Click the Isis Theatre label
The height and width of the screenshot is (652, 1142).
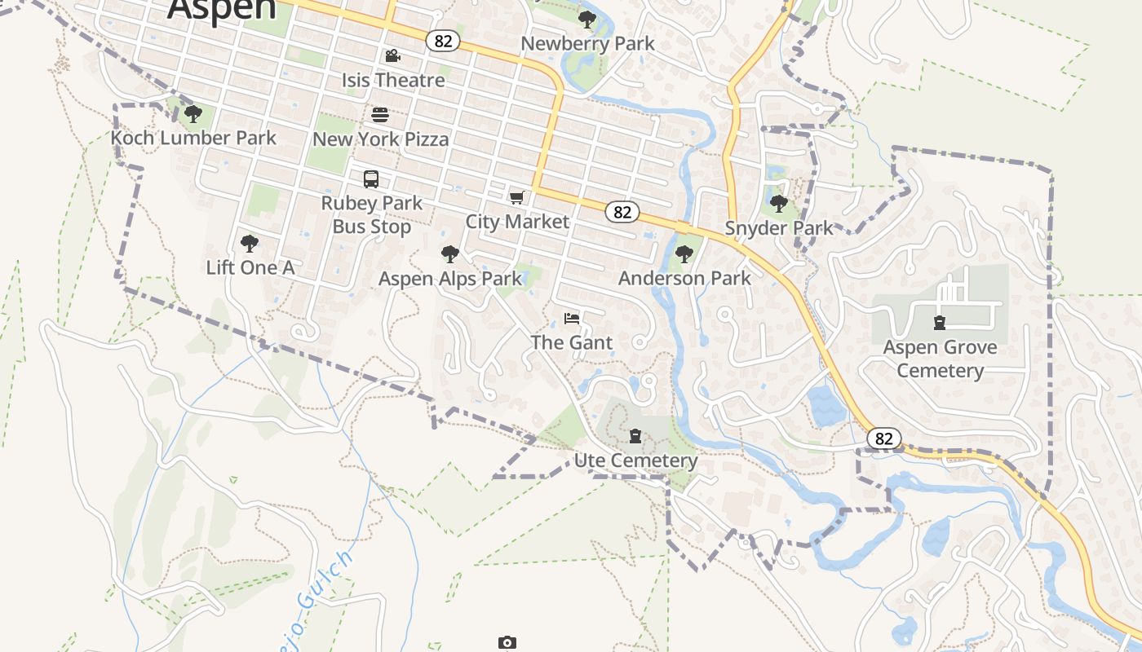(393, 80)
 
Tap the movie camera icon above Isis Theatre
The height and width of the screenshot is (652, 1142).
(392, 55)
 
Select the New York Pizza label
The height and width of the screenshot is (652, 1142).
(380, 139)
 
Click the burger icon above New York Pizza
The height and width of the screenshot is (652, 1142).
(380, 114)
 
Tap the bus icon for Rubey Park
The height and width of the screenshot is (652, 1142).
(371, 178)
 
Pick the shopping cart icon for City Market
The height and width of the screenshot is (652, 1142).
(516, 197)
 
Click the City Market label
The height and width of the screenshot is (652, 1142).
(517, 221)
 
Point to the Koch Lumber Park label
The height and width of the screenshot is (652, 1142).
(193, 138)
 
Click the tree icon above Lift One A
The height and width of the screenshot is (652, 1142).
(250, 243)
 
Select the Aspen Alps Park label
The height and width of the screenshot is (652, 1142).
(449, 279)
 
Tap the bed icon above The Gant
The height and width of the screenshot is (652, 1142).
(572, 318)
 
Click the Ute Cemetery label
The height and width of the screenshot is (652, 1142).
(635, 460)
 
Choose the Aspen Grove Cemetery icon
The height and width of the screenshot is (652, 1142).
(940, 323)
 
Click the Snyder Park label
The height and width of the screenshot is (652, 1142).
(779, 227)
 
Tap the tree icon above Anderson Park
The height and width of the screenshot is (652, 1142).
(684, 253)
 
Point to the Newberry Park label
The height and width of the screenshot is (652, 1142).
(587, 43)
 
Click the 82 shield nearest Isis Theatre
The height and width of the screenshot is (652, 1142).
(443, 40)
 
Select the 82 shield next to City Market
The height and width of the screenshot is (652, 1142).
(622, 212)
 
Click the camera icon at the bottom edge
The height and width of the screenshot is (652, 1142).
(507, 643)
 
